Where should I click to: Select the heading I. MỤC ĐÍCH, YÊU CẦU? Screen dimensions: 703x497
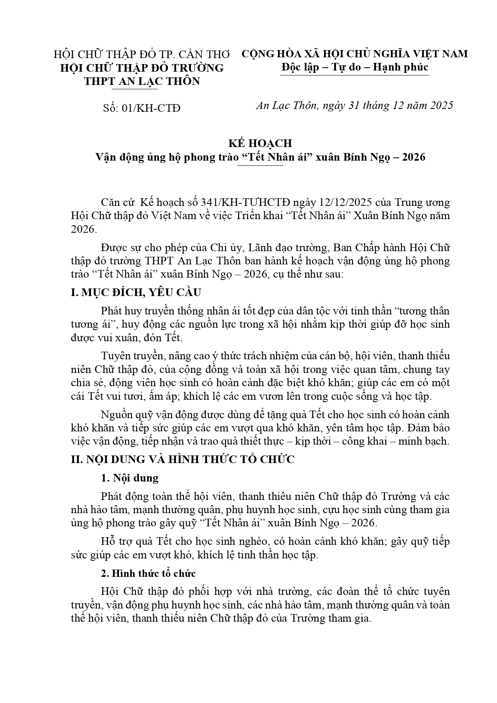click(x=136, y=292)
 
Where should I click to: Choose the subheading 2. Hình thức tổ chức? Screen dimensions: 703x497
click(x=148, y=573)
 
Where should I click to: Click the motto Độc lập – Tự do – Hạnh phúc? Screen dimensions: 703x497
click(x=354, y=67)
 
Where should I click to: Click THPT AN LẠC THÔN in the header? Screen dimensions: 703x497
click(x=142, y=81)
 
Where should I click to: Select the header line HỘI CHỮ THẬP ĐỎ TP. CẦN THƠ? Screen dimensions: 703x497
click(x=142, y=54)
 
